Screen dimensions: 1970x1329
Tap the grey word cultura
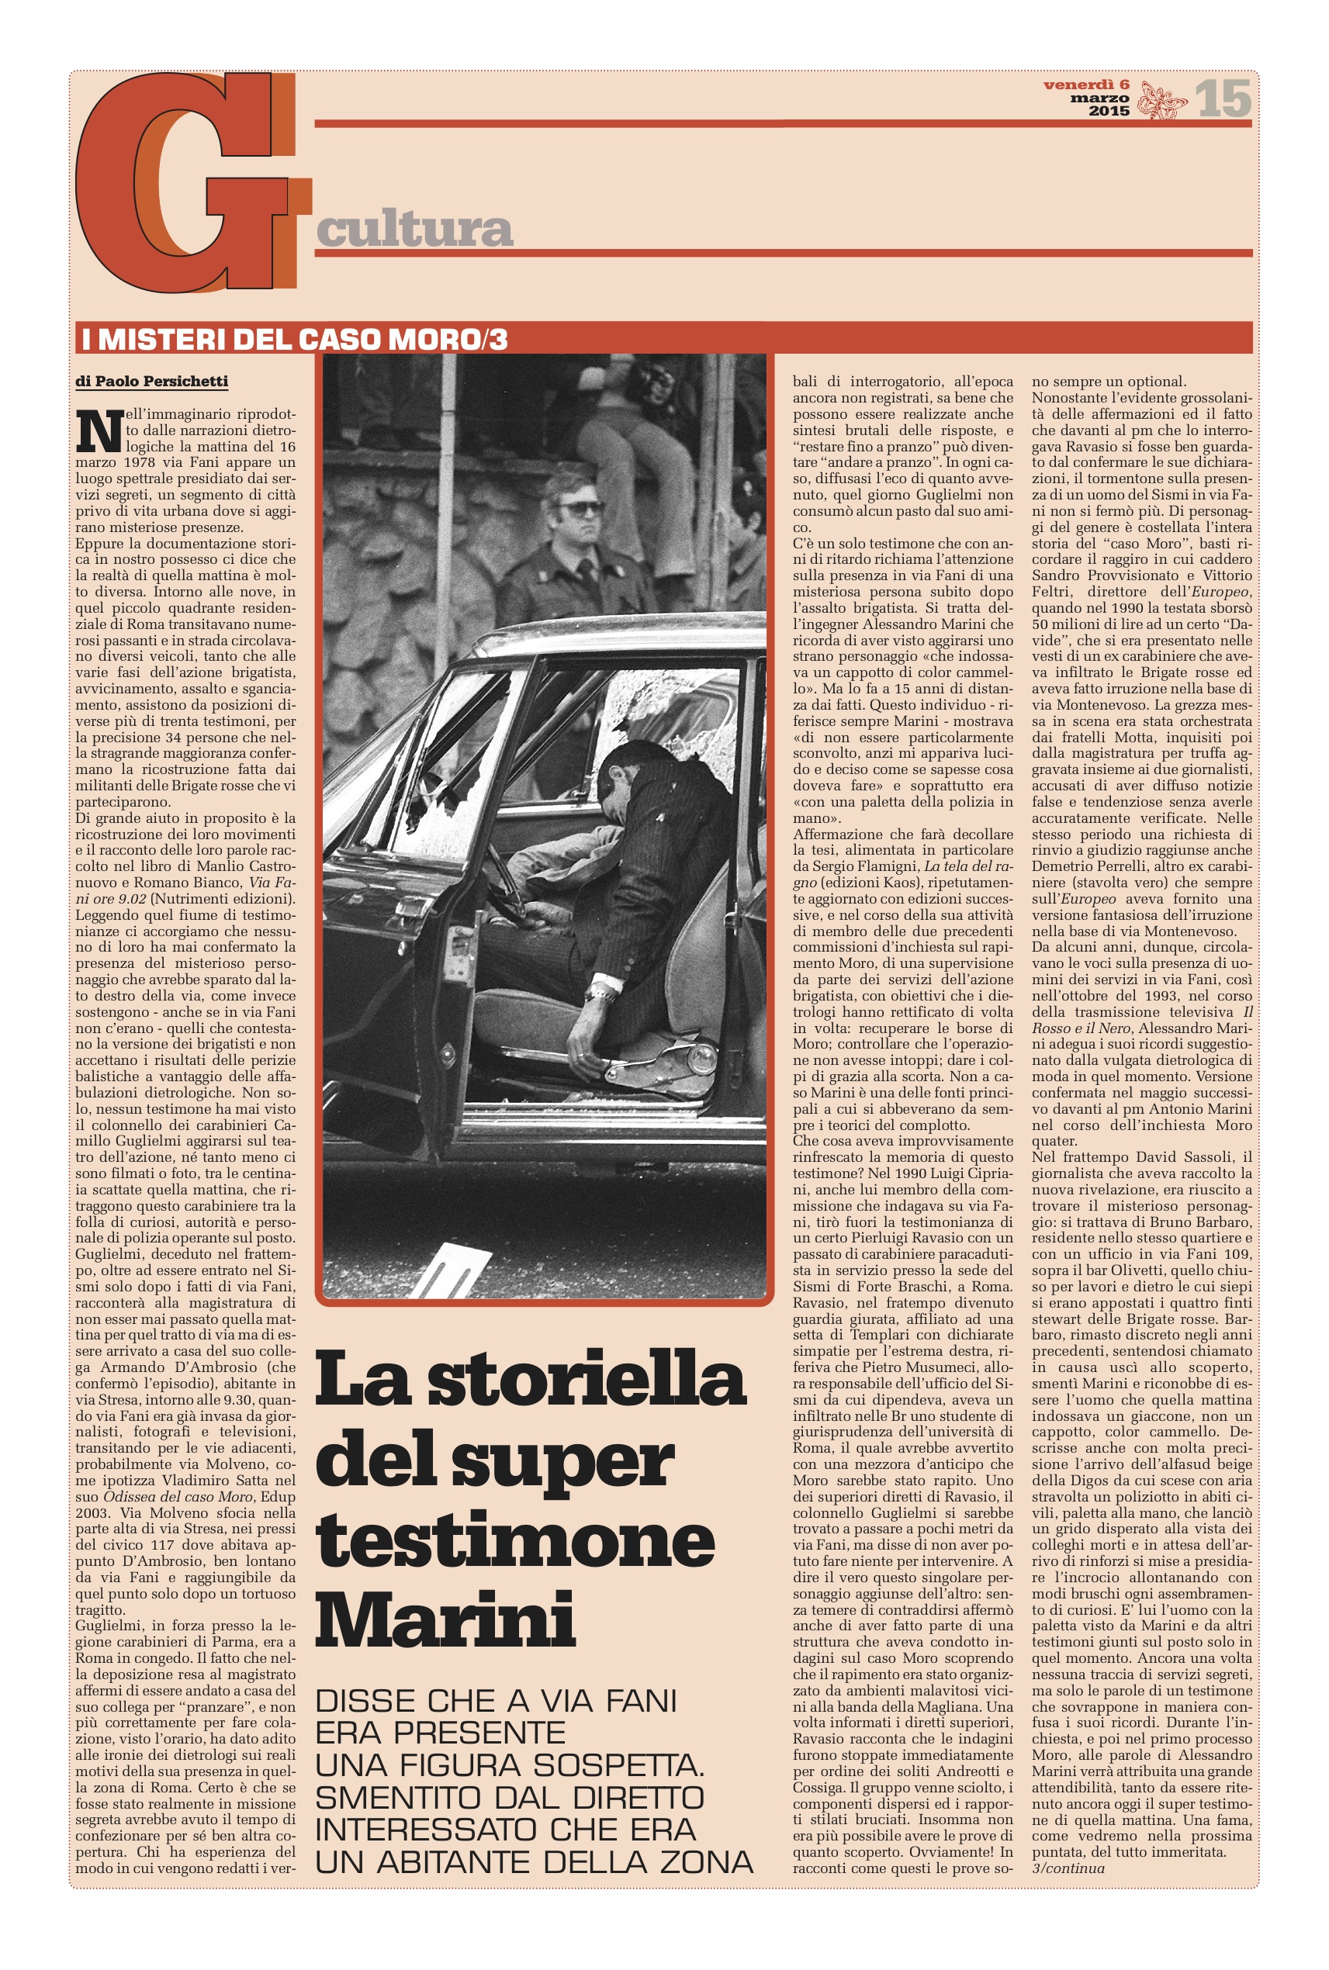(414, 230)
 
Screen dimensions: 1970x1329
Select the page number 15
(1223, 98)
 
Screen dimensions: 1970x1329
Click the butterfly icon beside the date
(1161, 99)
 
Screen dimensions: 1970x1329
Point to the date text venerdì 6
(1085, 85)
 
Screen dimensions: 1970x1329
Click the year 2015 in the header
(1109, 111)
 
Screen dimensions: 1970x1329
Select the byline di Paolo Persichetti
(152, 382)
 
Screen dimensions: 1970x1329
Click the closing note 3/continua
(1068, 1868)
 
